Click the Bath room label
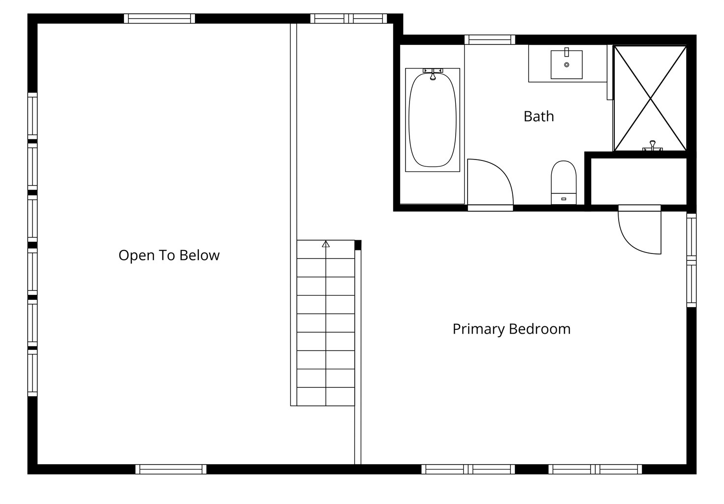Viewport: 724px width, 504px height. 538,116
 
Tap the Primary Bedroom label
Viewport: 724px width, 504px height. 511,329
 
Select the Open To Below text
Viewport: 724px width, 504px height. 169,255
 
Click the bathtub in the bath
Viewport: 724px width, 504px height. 433,120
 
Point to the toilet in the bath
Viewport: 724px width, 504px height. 564,183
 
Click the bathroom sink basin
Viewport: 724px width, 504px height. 567,64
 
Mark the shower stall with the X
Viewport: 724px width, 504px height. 650,98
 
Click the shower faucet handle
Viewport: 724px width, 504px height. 653,146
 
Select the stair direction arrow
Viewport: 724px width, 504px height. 326,244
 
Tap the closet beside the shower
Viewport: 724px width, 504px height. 639,181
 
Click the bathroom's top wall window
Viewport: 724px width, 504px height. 490,40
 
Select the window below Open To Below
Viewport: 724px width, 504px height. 171,469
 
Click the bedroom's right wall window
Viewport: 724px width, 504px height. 692,260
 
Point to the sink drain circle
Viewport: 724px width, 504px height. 567,64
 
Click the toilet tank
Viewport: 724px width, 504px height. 564,199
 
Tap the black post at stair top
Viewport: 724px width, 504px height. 358,245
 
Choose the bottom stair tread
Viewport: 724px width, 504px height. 326,396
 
